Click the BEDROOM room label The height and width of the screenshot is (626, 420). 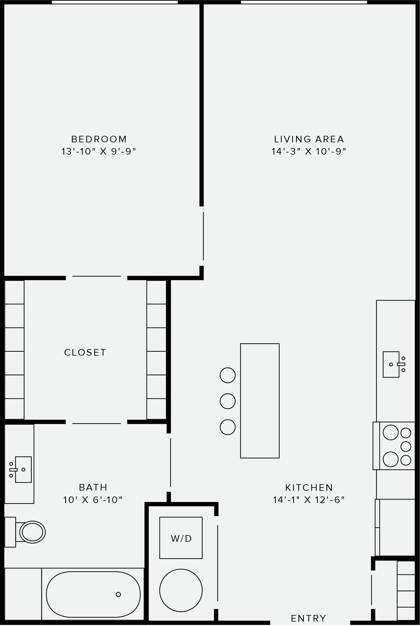[x=99, y=139]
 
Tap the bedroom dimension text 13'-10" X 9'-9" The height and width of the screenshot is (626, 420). [x=99, y=152]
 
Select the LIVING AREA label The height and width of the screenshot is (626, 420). [x=309, y=139]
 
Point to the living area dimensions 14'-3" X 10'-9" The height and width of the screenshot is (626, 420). [x=309, y=152]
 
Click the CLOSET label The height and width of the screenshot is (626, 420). [x=85, y=352]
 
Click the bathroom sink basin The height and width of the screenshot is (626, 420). [x=23, y=470]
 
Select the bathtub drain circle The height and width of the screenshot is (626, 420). [x=118, y=594]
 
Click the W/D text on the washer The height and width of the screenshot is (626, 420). [x=181, y=538]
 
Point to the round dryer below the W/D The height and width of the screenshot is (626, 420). [x=181, y=590]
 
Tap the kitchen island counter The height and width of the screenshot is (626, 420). [x=260, y=401]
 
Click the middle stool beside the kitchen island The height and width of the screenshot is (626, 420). [x=228, y=401]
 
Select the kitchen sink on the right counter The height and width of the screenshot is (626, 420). [x=391, y=364]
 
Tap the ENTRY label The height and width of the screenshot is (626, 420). [x=308, y=619]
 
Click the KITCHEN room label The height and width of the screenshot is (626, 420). [x=309, y=488]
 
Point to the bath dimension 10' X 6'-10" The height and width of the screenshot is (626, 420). [x=93, y=500]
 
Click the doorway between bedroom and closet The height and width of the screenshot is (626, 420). [x=96, y=277]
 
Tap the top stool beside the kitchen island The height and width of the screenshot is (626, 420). [x=228, y=375]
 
